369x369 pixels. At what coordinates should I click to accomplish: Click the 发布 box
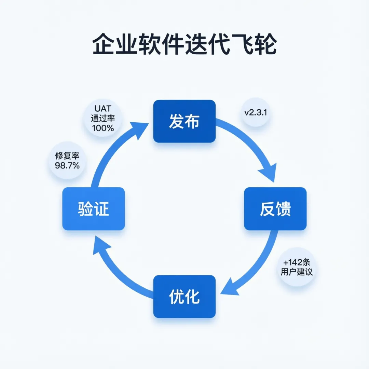184,121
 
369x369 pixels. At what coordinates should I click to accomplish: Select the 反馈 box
275,209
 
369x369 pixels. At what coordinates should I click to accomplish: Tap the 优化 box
184,296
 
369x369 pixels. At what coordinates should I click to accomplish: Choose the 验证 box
93,209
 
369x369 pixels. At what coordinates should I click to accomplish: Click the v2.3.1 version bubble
256,112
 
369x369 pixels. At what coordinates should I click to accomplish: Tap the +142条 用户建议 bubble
296,267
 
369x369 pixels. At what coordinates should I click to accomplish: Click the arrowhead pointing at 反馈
269,171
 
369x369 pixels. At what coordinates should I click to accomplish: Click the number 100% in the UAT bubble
103,128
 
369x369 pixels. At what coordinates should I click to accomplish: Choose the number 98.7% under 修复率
67,166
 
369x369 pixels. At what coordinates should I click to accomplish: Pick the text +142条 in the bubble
296,262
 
